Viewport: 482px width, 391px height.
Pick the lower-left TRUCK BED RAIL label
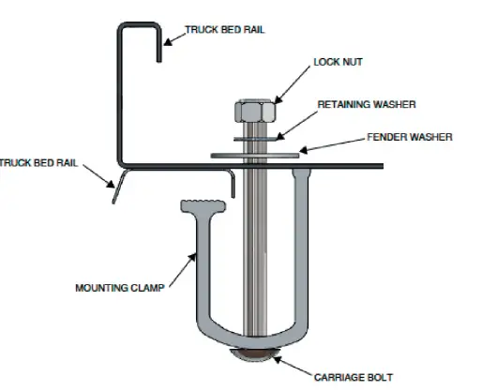click(x=38, y=162)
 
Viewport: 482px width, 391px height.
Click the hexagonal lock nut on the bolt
click(x=254, y=114)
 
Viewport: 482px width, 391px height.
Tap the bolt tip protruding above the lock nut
click(x=254, y=96)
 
